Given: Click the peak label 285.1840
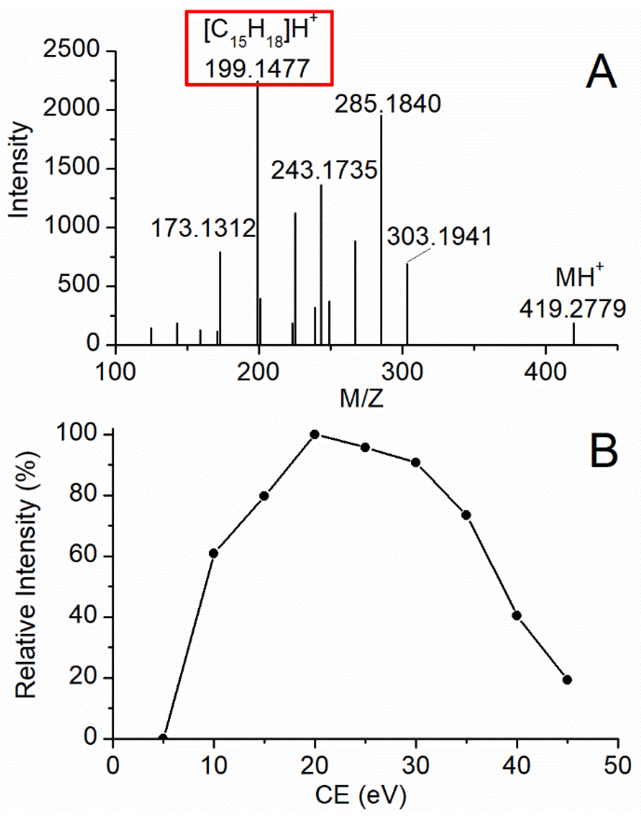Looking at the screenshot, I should pyautogui.click(x=388, y=105).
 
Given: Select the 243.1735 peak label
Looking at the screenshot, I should pyautogui.click(x=324, y=171).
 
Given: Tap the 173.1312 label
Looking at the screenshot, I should pyautogui.click(x=204, y=228).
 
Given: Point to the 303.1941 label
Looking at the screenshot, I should pyautogui.click(x=440, y=237).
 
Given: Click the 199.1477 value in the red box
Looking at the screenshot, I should pyautogui.click(x=257, y=69).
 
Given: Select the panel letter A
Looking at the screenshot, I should pyautogui.click(x=601, y=71).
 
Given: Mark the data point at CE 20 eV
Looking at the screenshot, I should pyautogui.click(x=315, y=435).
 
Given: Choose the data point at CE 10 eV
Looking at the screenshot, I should pyautogui.click(x=213, y=553).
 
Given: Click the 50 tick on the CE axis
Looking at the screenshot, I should pyautogui.click(x=618, y=765).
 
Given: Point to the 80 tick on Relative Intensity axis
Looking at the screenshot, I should pyautogui.click(x=83, y=496).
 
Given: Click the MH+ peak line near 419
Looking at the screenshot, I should pyautogui.click(x=573, y=334).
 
